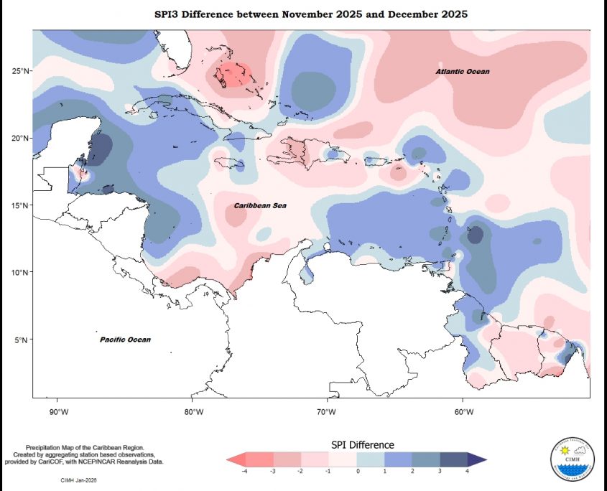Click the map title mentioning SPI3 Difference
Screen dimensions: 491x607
311,14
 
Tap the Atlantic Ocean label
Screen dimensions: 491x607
463,72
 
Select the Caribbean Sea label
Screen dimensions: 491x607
260,206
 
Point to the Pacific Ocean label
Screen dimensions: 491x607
125,340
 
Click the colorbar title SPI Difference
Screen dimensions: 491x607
362,445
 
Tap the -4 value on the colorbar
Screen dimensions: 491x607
245,472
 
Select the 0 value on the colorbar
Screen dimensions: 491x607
357,472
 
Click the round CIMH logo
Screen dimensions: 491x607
572,458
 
